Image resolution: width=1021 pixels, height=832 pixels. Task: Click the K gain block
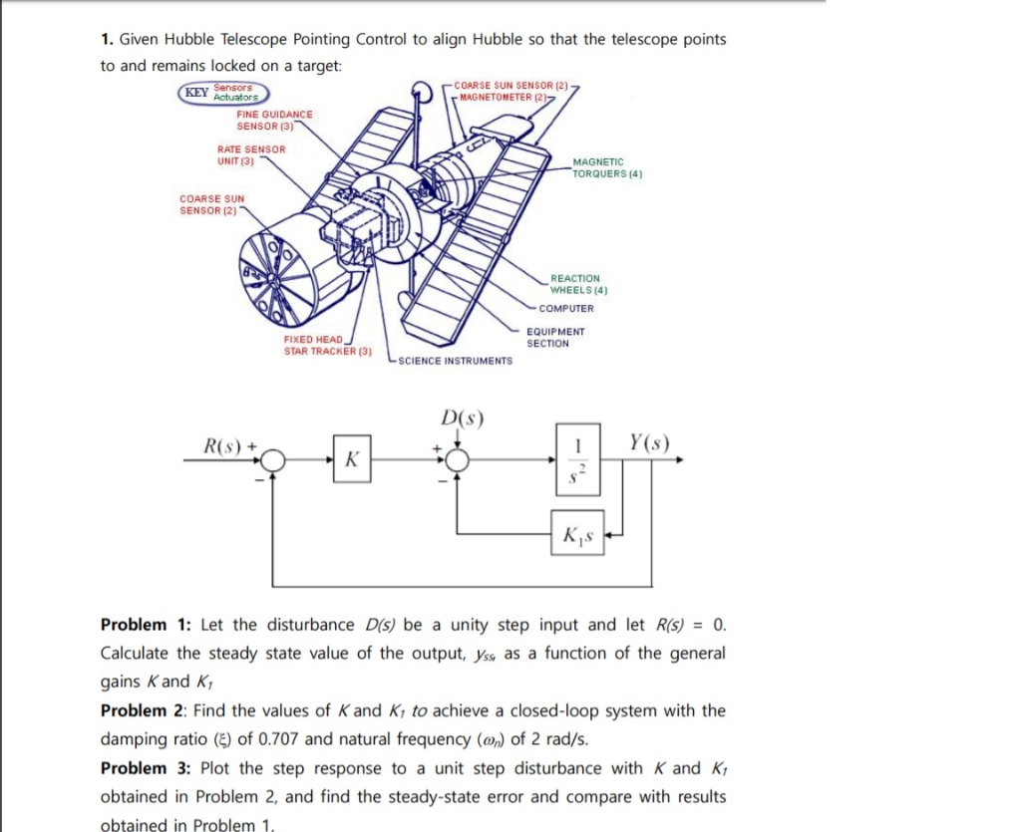[x=350, y=460]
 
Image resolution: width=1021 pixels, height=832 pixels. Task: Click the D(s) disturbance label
[x=461, y=416]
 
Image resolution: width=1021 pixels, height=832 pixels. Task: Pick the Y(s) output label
[x=650, y=442]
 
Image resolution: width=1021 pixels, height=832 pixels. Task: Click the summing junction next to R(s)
[x=275, y=460]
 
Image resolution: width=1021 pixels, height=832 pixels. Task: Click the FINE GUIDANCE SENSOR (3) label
[x=274, y=120]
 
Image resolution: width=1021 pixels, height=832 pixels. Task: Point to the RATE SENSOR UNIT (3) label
[x=250, y=154]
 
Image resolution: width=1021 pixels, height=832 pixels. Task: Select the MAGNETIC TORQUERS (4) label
[x=606, y=166]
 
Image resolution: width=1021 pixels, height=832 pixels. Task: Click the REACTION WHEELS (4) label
[x=578, y=284]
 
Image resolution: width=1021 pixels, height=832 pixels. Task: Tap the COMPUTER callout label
[x=565, y=308]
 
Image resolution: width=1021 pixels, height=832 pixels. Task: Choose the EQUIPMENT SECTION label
[x=555, y=337]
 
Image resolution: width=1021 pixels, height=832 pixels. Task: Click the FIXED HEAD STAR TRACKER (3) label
[x=327, y=346]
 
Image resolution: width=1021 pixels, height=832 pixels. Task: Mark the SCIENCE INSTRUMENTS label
[x=455, y=361]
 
